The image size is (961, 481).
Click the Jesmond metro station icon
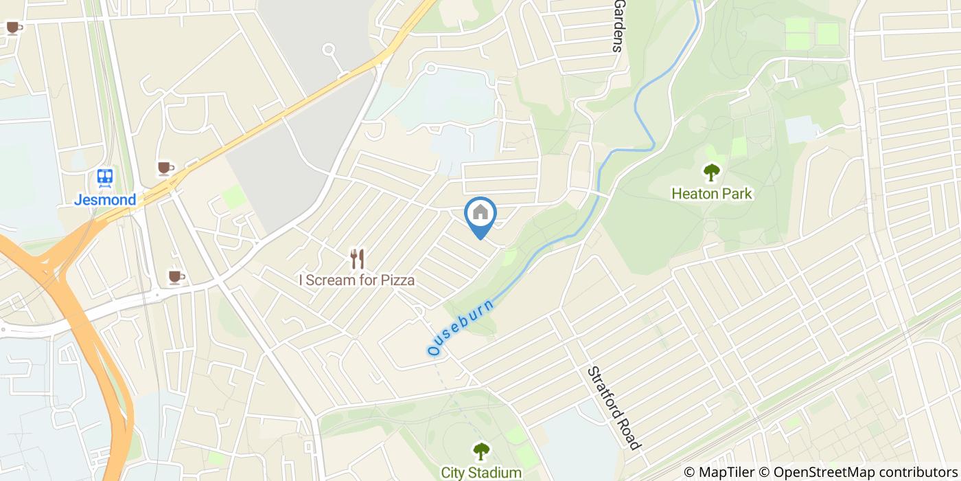click(105, 178)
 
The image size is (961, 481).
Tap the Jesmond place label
click(105, 201)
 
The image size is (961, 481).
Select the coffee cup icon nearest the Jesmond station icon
click(165, 168)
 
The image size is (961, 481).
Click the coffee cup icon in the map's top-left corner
click(13, 27)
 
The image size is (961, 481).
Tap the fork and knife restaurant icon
click(357, 259)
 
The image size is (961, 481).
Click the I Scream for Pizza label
click(356, 280)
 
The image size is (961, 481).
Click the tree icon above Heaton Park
click(712, 172)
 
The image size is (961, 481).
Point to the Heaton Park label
click(712, 194)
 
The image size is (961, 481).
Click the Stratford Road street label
click(613, 407)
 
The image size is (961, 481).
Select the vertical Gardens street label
click(618, 26)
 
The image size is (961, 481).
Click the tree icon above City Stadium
click(481, 451)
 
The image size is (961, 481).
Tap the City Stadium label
click(481, 473)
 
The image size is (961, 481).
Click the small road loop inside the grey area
click(329, 49)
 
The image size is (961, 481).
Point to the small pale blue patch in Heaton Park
click(800, 128)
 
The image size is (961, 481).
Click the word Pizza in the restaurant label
click(394, 280)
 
